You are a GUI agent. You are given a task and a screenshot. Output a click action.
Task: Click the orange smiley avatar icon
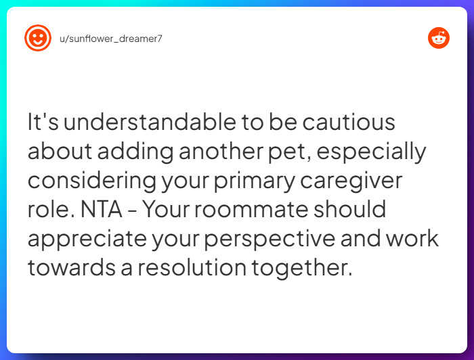coord(38,38)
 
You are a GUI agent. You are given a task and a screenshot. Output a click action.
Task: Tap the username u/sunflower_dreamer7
coord(111,39)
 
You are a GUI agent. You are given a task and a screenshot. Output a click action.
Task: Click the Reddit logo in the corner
coord(439,38)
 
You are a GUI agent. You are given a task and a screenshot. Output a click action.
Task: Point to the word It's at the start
coord(43,122)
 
